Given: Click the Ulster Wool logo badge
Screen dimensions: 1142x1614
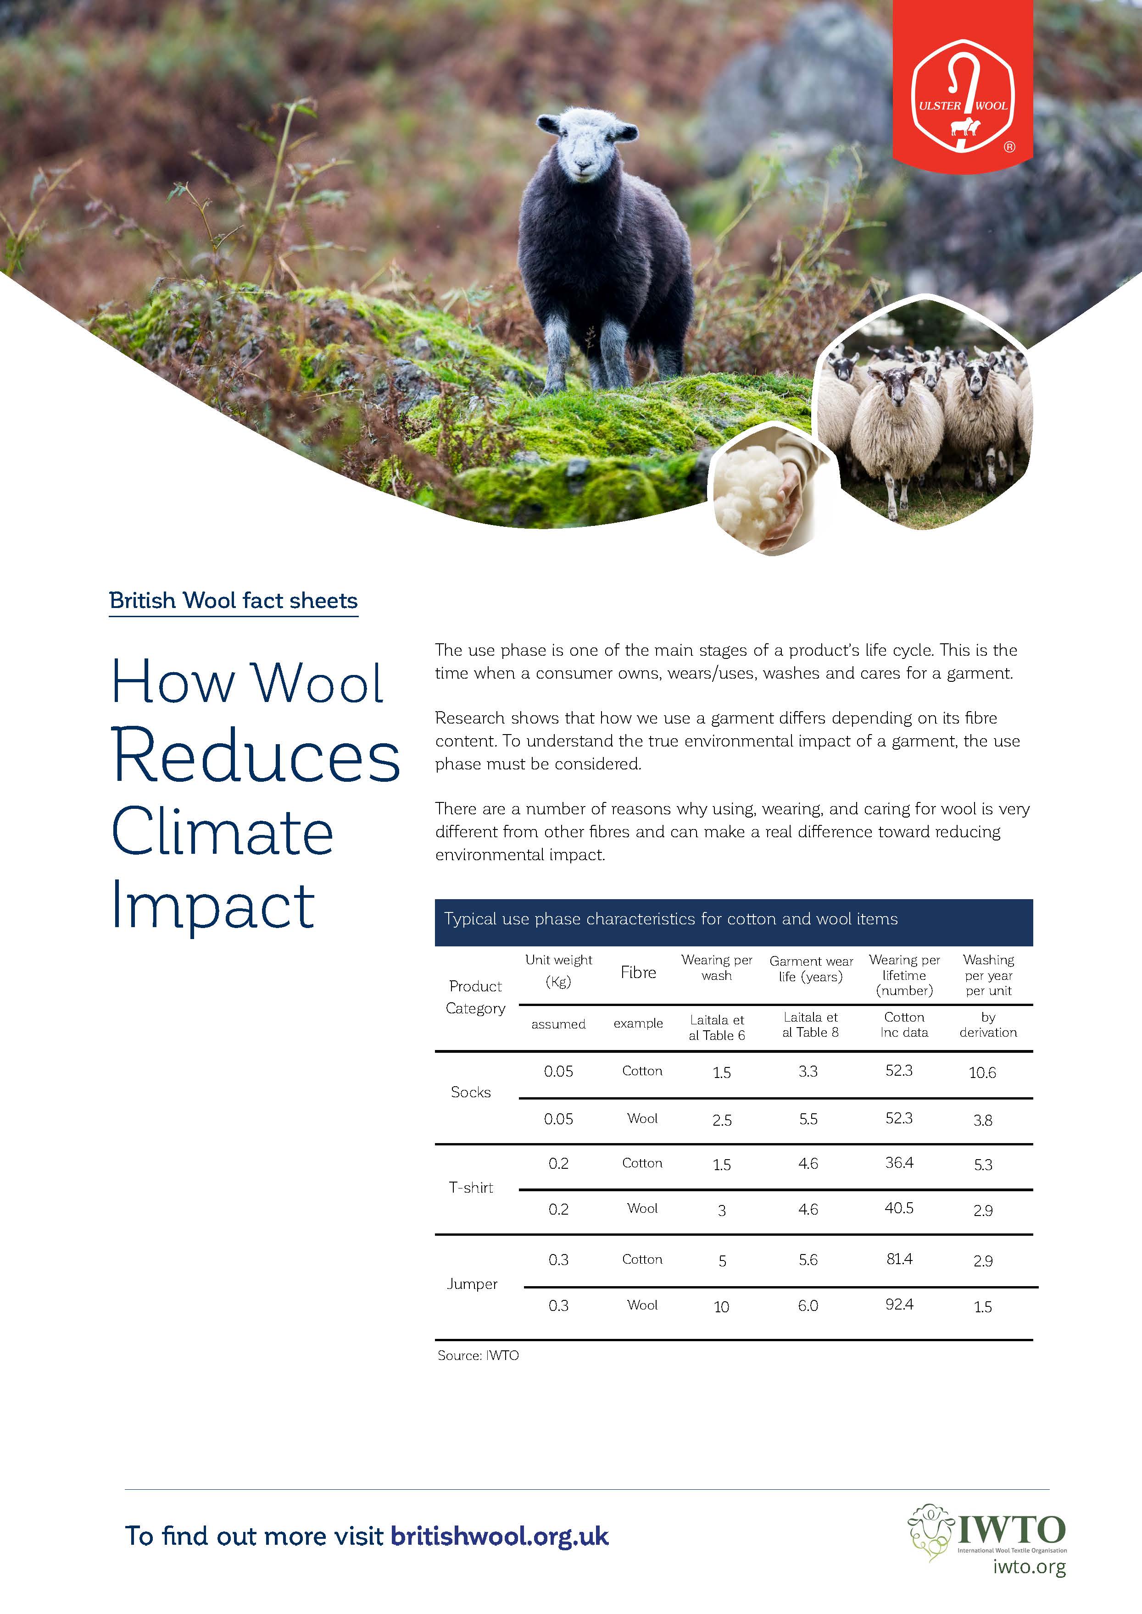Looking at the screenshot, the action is pyautogui.click(x=963, y=96).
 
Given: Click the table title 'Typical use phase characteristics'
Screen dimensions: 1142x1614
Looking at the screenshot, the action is pyautogui.click(x=671, y=919).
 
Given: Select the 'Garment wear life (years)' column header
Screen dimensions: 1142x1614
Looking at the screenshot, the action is pyautogui.click(x=811, y=969).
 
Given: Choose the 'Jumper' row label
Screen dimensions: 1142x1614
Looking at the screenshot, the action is pyautogui.click(x=472, y=1283).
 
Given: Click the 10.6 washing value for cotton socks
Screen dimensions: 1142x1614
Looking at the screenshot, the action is pyautogui.click(x=982, y=1073).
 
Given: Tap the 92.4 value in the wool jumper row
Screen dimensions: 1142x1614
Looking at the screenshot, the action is pyautogui.click(x=899, y=1304).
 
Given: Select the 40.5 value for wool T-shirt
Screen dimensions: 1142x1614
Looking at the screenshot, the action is pyautogui.click(x=899, y=1208).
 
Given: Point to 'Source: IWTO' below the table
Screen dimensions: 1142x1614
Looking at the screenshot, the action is pyautogui.click(x=478, y=1355).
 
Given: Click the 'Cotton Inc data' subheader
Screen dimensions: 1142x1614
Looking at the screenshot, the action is pyautogui.click(x=904, y=1024).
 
